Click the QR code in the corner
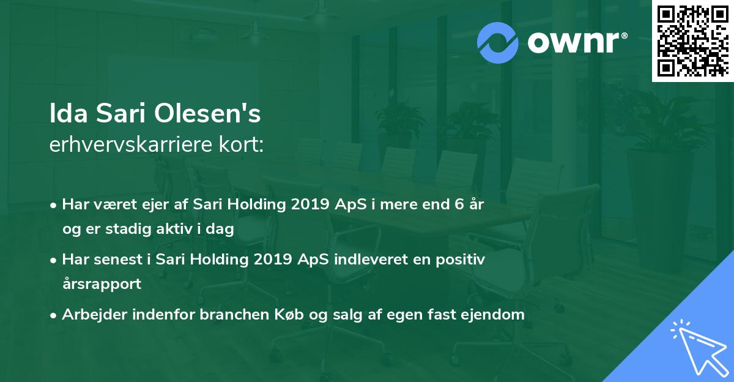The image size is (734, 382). coord(692,41)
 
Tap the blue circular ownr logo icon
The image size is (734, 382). coord(497,42)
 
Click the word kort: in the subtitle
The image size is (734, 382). coord(244,144)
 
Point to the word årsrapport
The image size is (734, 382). coord(102,284)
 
